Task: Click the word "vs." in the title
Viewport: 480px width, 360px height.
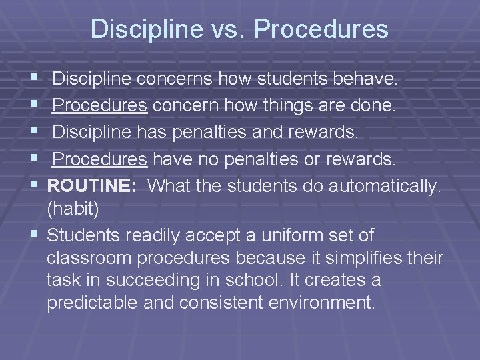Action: tap(229, 29)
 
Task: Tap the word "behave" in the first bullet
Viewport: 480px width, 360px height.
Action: tap(369, 80)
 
